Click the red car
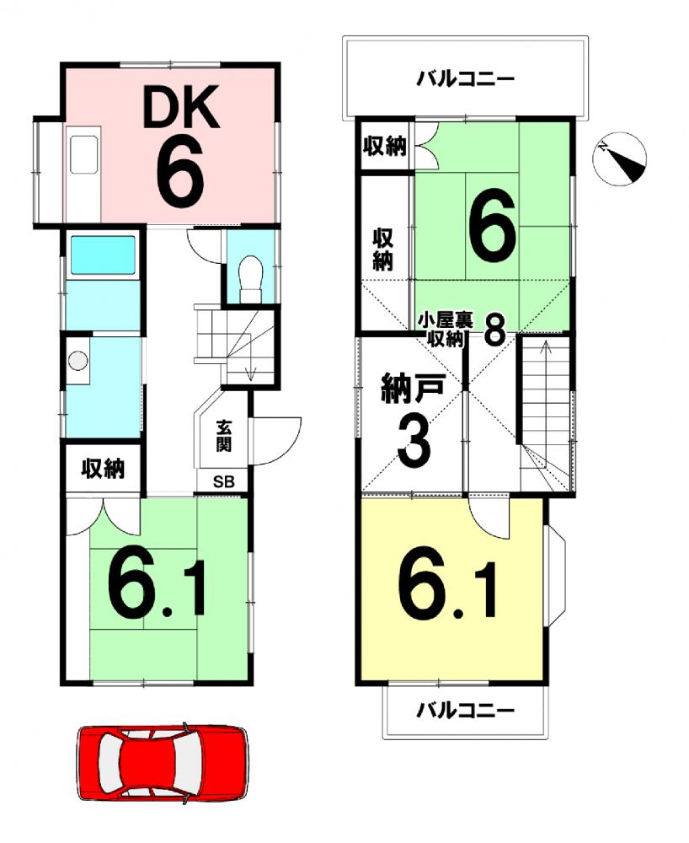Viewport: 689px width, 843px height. [163, 764]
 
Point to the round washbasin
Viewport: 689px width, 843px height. [78, 360]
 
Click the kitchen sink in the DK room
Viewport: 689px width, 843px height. [84, 153]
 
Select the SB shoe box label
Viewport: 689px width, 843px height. [224, 481]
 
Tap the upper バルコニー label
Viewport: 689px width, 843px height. [466, 80]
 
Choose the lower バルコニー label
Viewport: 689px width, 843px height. [466, 711]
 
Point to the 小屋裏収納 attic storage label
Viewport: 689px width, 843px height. [446, 330]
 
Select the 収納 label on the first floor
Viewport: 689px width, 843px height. [103, 469]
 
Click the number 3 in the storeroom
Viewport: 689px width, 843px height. [414, 443]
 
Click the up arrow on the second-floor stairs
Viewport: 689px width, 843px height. [546, 356]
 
